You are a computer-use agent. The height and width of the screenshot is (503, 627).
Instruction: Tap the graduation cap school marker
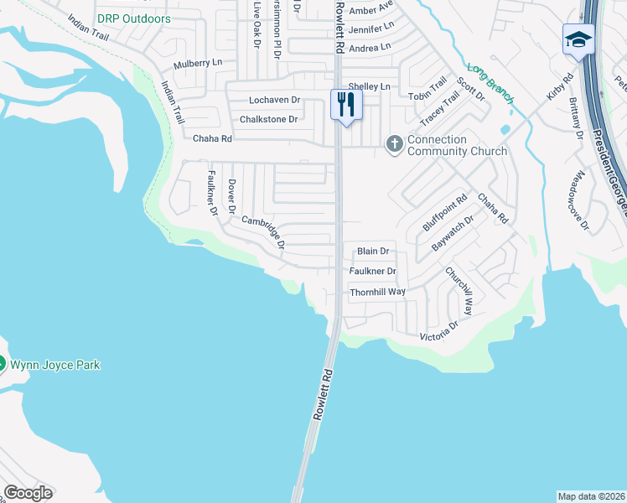coord(578,39)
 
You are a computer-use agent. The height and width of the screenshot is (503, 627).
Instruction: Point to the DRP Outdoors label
coord(133,18)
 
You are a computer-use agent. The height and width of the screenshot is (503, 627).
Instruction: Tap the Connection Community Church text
coord(457,145)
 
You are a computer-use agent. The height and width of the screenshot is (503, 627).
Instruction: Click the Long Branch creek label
coord(490,84)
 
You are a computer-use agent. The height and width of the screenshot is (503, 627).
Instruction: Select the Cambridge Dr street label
coord(264,233)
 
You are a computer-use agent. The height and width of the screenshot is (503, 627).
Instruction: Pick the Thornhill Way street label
coord(377,291)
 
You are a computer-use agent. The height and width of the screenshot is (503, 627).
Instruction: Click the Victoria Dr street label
coord(440,330)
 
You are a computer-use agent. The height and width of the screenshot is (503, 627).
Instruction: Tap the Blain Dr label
coord(374,251)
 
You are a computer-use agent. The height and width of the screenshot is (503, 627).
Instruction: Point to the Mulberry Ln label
coord(198,64)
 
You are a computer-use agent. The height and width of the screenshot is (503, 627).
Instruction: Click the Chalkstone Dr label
coord(269,119)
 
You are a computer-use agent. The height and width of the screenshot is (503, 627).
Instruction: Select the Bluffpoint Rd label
coord(444,213)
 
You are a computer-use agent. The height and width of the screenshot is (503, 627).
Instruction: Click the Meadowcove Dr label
coord(578,201)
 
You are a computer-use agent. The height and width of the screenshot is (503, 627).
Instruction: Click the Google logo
coord(28,493)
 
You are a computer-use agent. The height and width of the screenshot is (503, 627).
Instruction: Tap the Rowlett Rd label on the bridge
coord(324,395)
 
